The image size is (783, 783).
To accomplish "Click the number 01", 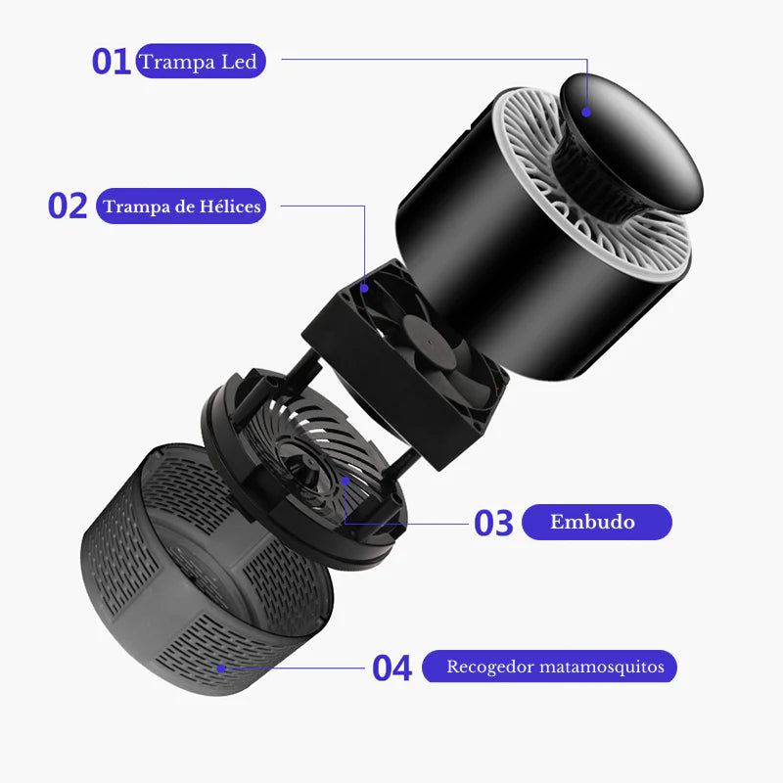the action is (111, 62).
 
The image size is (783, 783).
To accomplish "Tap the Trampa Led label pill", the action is (201, 61).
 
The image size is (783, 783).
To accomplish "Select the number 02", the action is (68, 206).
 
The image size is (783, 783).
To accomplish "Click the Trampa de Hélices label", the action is (181, 206).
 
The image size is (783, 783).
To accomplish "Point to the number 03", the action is (493, 523).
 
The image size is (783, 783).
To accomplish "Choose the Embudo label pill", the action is (597, 522).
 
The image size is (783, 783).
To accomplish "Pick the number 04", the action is (392, 668).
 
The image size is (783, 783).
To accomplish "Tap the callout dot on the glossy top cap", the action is (586, 113).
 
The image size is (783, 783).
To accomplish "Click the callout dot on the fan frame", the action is (364, 288).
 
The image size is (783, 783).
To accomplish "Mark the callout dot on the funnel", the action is (345, 481).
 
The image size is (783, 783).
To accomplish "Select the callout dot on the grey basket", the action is (221, 668).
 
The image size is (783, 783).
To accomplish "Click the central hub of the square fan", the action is (430, 342).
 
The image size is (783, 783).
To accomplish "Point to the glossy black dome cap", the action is (632, 142).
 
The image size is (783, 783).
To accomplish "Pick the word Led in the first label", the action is (239, 62).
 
